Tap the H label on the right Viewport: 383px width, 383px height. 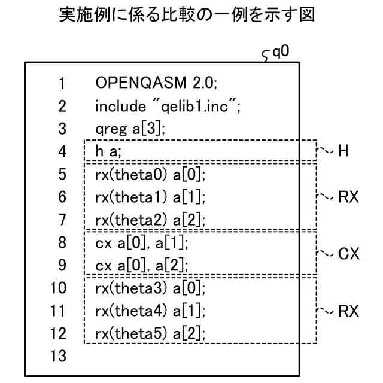(x=344, y=151)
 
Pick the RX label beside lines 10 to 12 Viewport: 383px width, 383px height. (x=348, y=311)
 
